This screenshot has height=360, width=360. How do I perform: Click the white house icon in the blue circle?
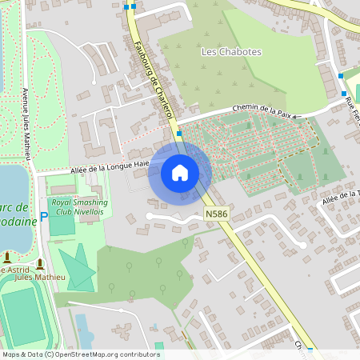pyautogui.click(x=180, y=172)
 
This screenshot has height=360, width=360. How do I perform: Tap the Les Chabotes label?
pyautogui.click(x=231, y=51)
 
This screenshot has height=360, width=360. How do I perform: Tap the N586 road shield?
pyautogui.click(x=215, y=214)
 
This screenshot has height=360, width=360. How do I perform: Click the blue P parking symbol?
pyautogui.click(x=44, y=216)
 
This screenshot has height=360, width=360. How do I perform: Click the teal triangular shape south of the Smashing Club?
pyautogui.click(x=79, y=267)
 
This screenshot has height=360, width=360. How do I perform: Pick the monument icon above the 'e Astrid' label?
pyautogui.click(x=6, y=257)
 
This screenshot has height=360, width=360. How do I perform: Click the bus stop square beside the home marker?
pyautogui.click(x=179, y=133)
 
